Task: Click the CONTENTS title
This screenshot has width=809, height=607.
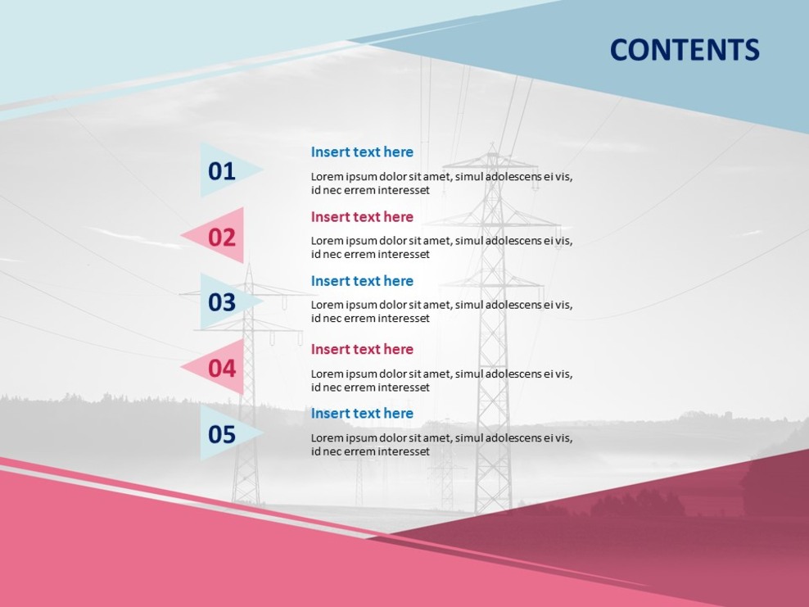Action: pos(685,50)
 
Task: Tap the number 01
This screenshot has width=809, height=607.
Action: pos(221,171)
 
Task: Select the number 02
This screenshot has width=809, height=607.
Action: pos(221,237)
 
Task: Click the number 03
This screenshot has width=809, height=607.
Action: pos(221,302)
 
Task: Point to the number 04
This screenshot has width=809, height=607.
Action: pos(221,368)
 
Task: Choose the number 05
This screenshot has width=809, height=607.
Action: pos(221,434)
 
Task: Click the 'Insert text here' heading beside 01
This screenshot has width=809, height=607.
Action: pos(362,152)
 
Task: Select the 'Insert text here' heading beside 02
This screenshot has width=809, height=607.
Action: pos(362,216)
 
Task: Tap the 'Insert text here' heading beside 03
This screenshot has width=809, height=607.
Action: pos(362,281)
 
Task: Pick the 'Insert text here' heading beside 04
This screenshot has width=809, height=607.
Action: pos(362,349)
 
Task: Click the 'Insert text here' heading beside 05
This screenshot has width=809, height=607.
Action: pos(362,413)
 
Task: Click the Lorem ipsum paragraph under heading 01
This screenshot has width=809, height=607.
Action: pos(441,183)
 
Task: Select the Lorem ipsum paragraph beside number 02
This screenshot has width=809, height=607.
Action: pos(441,247)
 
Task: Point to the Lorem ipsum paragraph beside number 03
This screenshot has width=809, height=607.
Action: pos(441,311)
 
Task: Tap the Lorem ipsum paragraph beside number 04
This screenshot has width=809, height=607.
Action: pos(441,380)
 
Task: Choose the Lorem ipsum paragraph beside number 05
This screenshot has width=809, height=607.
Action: pos(441,444)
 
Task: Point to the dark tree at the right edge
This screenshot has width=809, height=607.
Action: pos(774,483)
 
